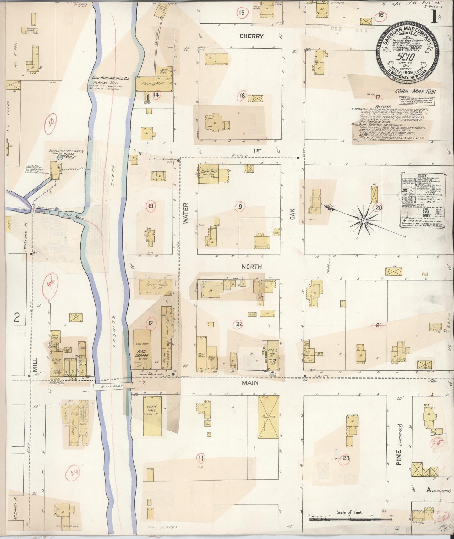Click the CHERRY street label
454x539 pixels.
tap(251, 36)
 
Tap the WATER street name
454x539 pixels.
tap(185, 214)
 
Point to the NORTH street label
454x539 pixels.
tap(251, 267)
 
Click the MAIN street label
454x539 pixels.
tap(250, 383)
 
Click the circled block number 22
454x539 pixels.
tap(239, 324)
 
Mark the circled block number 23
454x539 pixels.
tap(346, 458)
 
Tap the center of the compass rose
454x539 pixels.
tap(363, 221)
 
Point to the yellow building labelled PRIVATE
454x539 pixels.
tap(268, 416)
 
